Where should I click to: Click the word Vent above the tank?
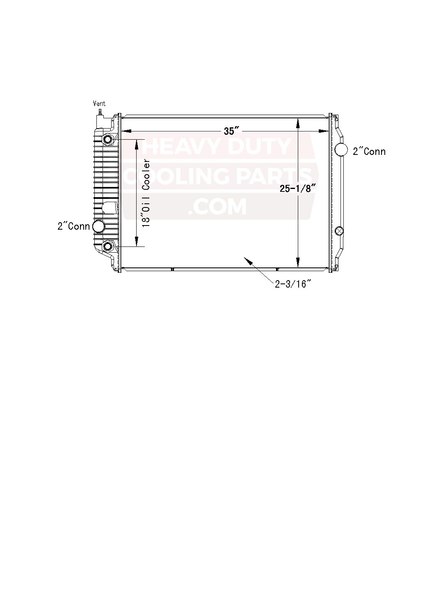[x=99, y=104]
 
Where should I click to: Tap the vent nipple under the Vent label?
[x=100, y=112]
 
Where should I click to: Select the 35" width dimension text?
[x=233, y=131]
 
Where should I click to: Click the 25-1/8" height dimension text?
[x=298, y=189]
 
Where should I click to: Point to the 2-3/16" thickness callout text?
[x=293, y=284]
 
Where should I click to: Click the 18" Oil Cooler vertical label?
[x=146, y=193]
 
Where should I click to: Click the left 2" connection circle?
[x=98, y=226]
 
